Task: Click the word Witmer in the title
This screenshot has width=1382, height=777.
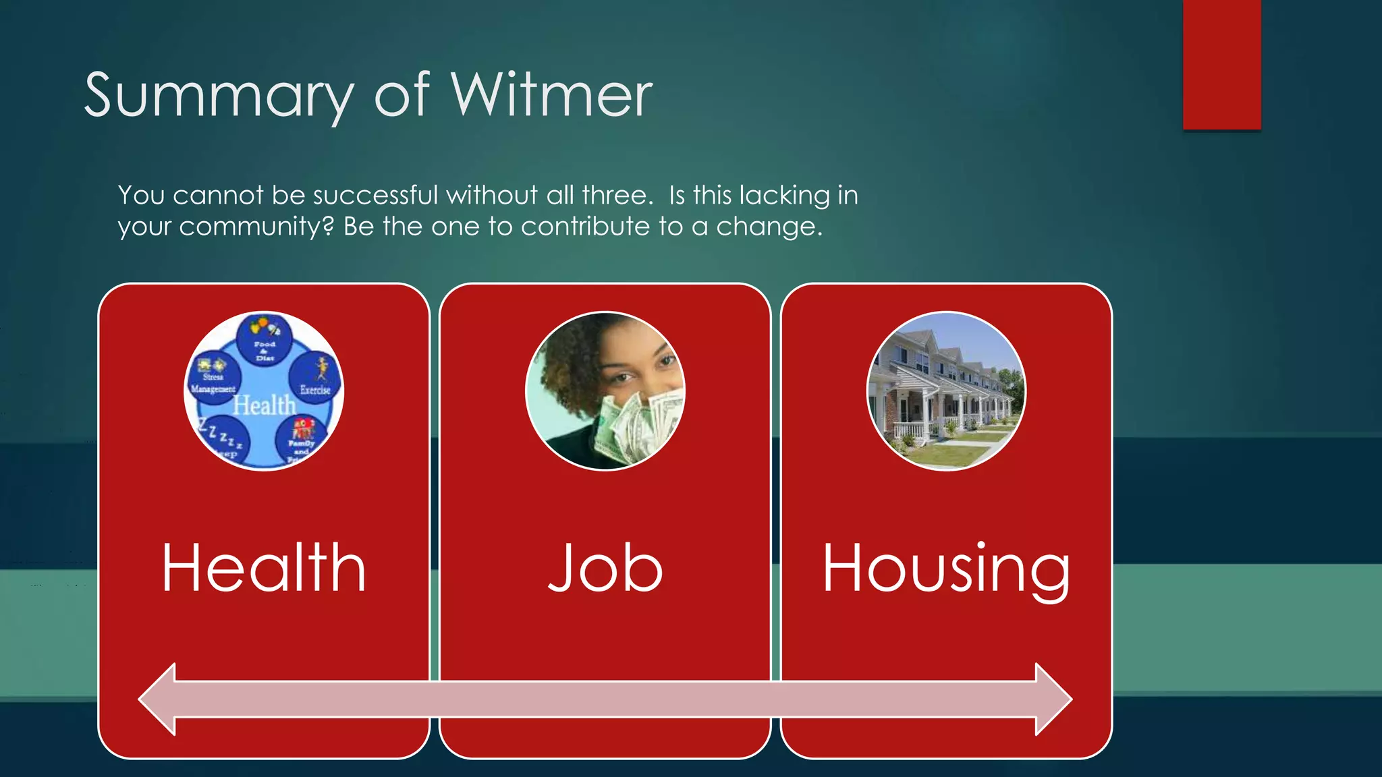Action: (551, 95)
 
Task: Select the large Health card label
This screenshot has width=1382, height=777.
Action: (264, 568)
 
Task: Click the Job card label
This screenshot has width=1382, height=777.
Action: (605, 568)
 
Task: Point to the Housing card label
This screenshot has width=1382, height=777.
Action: (946, 568)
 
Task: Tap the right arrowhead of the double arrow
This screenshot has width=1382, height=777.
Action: (1052, 699)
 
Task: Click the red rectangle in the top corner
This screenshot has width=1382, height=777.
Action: (1221, 64)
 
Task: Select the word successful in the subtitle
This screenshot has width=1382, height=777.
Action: (376, 196)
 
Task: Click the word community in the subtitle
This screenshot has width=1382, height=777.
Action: (256, 227)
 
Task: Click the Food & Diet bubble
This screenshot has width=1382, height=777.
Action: (265, 340)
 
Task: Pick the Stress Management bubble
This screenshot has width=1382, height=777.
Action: (213, 379)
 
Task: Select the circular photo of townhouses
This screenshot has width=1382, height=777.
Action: (946, 391)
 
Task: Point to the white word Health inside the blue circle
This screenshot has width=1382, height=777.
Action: (265, 405)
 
